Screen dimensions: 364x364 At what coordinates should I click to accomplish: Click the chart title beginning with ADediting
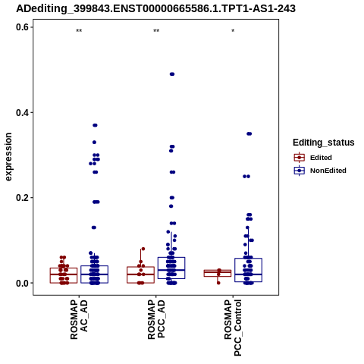(155, 8)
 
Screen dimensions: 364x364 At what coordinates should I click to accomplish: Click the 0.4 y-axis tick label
(22, 112)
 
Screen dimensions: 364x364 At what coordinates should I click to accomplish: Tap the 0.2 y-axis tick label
(22, 198)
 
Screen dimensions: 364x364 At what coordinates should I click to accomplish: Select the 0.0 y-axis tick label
(22, 283)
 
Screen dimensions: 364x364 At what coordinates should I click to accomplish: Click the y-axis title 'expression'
(8, 157)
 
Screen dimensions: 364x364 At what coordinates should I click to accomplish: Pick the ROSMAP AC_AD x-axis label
(79, 319)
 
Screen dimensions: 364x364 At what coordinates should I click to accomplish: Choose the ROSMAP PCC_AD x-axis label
(156, 319)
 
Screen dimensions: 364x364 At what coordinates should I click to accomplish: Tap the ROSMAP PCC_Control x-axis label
(233, 328)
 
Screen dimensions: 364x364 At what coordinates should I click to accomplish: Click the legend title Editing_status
(324, 143)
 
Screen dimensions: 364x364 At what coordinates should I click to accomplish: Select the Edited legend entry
(313, 158)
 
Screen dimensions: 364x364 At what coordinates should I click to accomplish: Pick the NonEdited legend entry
(320, 171)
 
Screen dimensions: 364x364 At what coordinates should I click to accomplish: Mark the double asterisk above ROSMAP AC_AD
(79, 31)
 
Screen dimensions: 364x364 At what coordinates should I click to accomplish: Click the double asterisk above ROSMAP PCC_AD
(156, 31)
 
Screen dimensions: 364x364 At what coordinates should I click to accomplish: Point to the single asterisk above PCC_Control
(233, 30)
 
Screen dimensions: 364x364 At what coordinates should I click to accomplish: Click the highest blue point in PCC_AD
(172, 74)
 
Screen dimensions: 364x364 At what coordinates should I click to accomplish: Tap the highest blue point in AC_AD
(95, 125)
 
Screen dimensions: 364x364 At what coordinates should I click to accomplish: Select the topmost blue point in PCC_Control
(249, 133)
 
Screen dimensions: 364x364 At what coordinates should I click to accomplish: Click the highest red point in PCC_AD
(143, 249)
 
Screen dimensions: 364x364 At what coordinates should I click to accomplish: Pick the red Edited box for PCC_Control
(218, 273)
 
